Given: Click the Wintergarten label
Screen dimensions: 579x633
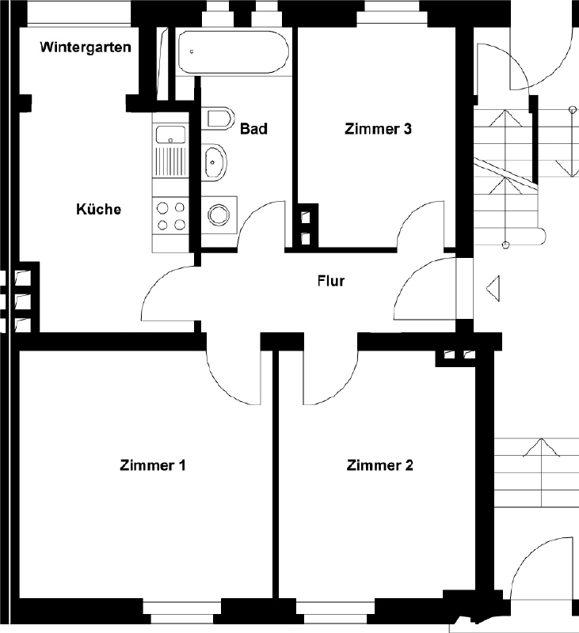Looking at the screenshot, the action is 86,47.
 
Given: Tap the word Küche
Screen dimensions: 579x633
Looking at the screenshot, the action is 98,209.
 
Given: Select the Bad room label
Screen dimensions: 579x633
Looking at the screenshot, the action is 253,129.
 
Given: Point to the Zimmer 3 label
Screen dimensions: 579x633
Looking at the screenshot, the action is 378,129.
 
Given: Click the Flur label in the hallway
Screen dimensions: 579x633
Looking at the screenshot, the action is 331,281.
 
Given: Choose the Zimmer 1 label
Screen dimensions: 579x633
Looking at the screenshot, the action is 153,465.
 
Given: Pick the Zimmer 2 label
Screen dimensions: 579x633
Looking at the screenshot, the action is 380,465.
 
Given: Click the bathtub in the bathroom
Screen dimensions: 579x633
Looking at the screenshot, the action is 234,52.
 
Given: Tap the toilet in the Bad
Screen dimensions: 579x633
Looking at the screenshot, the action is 218,118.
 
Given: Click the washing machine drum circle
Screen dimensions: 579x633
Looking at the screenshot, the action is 218,214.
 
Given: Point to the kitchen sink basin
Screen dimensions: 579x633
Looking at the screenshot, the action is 170,135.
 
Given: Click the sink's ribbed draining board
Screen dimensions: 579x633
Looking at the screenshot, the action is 170,161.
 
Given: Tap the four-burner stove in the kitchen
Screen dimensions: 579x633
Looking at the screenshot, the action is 170,215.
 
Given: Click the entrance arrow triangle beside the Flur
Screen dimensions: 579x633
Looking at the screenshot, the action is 493,288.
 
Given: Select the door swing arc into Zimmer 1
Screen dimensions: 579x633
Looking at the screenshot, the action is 225,385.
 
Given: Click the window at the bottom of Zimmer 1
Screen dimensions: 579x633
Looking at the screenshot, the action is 182,613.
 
